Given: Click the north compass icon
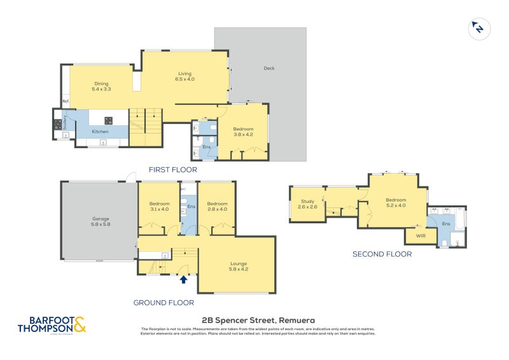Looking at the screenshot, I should [x=477, y=28].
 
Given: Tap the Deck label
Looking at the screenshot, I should [x=268, y=69].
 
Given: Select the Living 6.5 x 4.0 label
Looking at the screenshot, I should [x=185, y=76].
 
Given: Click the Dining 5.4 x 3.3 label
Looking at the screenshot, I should [x=101, y=87].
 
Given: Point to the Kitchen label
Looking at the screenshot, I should [x=100, y=132].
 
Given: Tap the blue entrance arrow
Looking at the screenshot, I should [x=184, y=279].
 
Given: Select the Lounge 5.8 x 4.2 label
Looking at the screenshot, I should [x=239, y=266].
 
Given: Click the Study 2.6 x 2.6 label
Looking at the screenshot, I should [x=307, y=204].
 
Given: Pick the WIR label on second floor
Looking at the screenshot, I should [x=421, y=236].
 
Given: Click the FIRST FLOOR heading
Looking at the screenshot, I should [x=172, y=170].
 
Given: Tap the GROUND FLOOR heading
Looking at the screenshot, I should [x=164, y=303].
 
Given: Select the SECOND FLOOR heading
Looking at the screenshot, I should [x=382, y=254].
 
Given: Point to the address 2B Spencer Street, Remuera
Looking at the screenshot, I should [x=258, y=320].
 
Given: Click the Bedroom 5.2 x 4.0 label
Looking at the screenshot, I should [x=396, y=202].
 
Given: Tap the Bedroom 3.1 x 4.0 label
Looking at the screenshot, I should [x=158, y=206].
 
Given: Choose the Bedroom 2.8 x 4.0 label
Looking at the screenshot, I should [x=217, y=206].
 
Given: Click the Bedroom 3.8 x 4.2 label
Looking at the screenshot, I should [x=244, y=132].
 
